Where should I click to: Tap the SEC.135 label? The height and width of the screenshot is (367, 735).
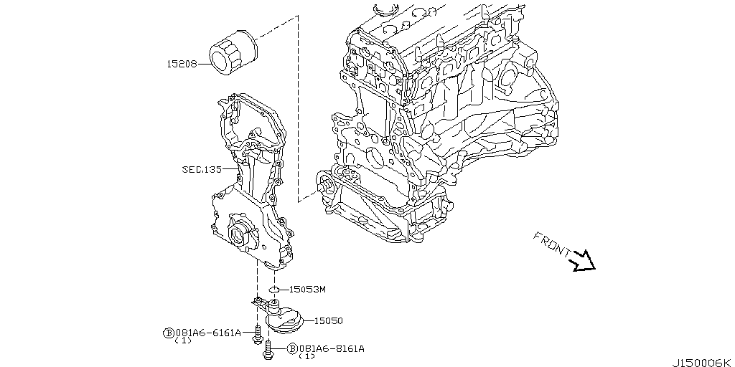tap(202, 170)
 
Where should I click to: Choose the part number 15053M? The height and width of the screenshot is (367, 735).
tap(307, 290)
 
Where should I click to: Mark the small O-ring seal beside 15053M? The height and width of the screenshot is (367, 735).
tap(273, 289)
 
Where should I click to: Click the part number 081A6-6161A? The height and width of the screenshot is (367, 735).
tap(207, 333)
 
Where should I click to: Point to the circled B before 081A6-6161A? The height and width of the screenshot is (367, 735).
tap(169, 333)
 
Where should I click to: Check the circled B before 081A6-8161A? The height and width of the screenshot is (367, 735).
tap(292, 349)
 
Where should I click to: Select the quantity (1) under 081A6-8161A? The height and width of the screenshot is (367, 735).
tap(306, 356)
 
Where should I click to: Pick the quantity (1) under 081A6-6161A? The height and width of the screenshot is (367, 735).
tap(183, 340)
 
